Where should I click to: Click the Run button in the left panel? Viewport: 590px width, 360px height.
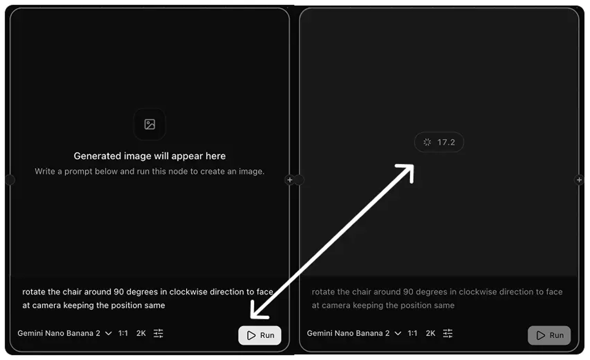260,335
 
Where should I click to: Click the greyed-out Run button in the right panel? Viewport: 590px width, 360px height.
549,335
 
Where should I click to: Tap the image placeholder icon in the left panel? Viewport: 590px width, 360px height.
150,124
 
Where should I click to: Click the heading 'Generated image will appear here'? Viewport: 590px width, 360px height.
150,156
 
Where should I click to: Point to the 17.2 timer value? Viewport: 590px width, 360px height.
446,142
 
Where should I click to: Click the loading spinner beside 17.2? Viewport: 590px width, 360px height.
427,142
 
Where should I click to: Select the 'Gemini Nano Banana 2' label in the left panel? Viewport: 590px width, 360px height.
59,333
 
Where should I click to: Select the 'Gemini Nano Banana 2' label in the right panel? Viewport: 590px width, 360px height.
348,333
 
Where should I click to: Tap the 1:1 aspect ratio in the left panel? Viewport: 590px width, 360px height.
123,333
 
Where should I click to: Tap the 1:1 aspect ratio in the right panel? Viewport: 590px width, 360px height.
412,333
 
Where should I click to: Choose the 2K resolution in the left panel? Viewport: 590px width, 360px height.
141,333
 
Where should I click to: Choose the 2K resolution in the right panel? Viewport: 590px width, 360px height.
431,333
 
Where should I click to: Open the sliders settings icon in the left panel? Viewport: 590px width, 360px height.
159,333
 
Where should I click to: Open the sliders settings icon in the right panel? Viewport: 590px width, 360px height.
448,333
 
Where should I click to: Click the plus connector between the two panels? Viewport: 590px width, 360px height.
290,180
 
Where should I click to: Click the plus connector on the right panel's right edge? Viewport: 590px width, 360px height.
579,180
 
